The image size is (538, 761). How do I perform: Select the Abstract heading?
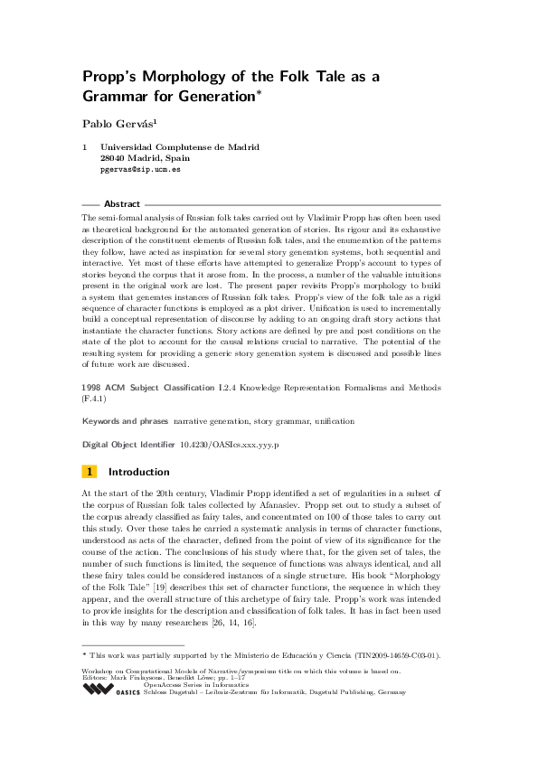(122, 204)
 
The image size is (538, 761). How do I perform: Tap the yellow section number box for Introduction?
(90, 472)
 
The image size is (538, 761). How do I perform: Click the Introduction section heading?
(138, 472)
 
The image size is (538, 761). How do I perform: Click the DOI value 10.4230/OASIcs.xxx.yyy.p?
(230, 446)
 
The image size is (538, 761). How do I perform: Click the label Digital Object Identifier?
(127, 446)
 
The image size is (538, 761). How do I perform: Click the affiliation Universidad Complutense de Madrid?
(180, 146)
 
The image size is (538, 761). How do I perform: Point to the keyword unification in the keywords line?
(329, 421)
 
